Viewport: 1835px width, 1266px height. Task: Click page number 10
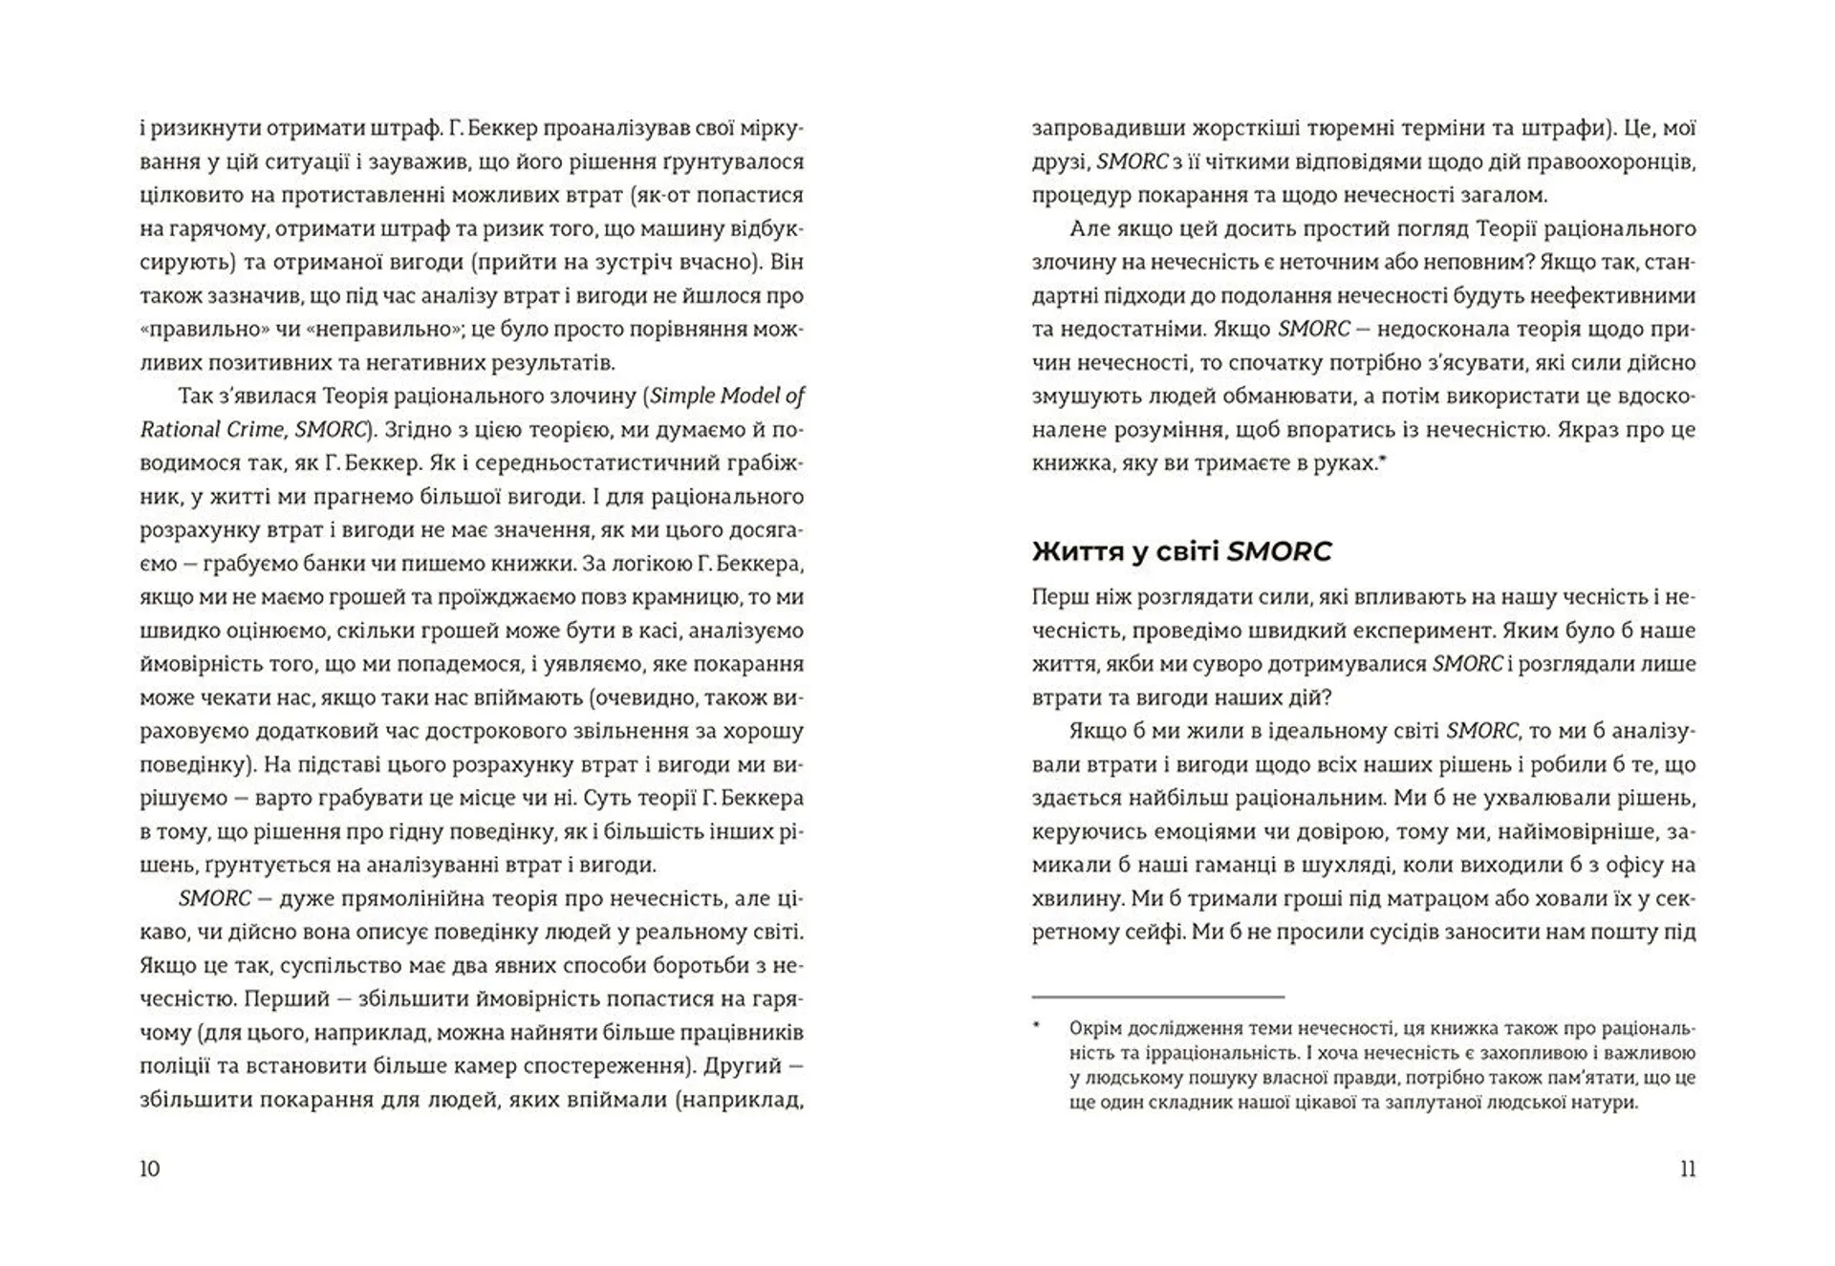150,1169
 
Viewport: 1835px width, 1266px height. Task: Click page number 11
1687,1169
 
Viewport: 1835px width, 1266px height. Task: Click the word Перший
284,998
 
